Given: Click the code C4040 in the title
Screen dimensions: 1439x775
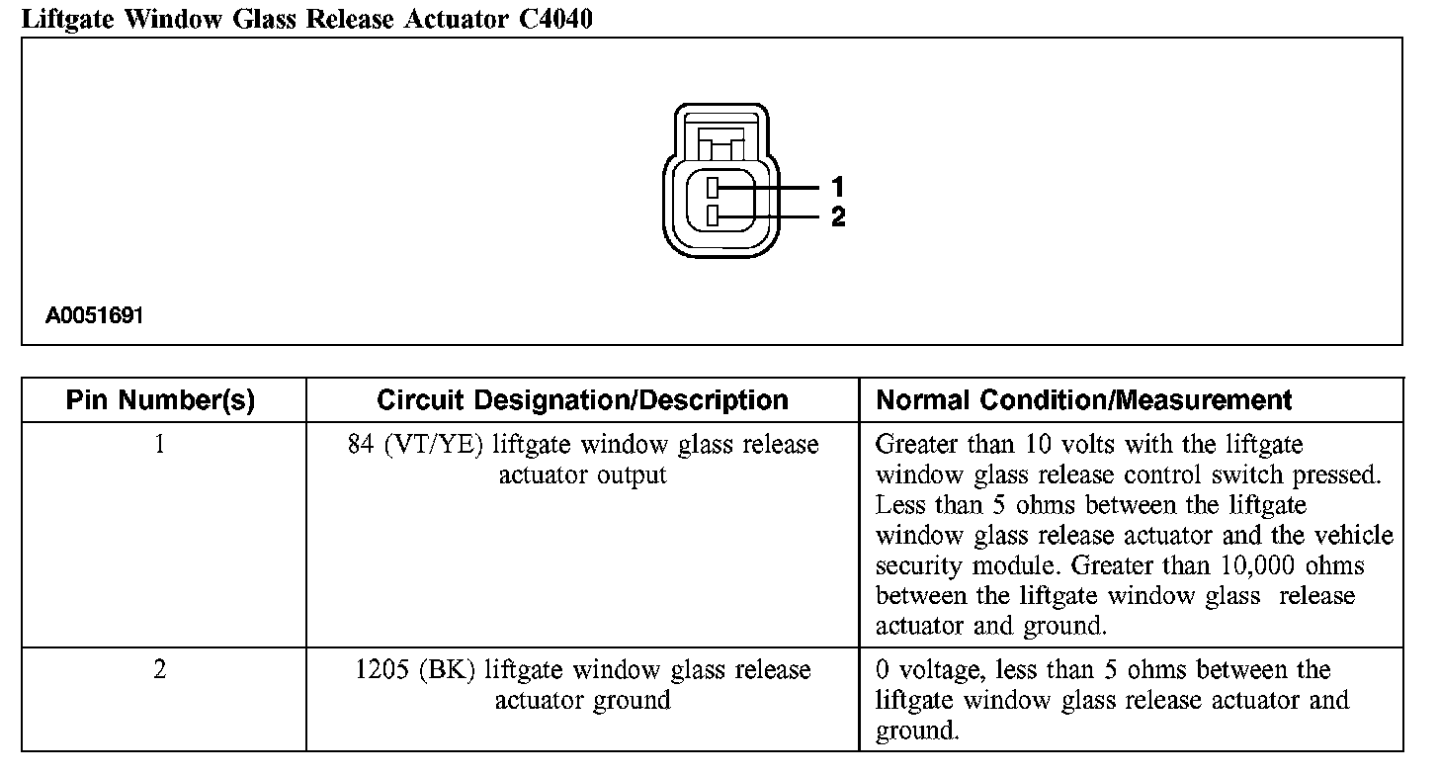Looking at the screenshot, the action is pyautogui.click(x=555, y=19).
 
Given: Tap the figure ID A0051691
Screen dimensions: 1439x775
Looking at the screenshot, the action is pyautogui.click(x=95, y=316).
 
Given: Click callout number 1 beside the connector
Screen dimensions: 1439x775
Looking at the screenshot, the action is pyautogui.click(x=838, y=186).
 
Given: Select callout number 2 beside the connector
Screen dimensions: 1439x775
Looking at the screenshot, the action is pyautogui.click(x=838, y=216).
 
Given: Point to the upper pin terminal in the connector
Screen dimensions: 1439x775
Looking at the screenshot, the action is pyautogui.click(x=714, y=187).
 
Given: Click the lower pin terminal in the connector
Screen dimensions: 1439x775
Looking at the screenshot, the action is pyautogui.click(x=714, y=216).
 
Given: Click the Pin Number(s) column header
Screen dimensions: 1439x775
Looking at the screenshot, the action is pyautogui.click(x=160, y=400).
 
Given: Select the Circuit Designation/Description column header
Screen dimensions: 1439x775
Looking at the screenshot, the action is pyautogui.click(x=582, y=400).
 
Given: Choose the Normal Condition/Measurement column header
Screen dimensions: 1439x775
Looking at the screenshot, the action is pyautogui.click(x=1084, y=400).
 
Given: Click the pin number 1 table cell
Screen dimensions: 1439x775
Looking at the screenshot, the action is pyautogui.click(x=160, y=445).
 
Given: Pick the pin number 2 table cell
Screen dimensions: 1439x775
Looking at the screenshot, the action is pyautogui.click(x=160, y=670).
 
